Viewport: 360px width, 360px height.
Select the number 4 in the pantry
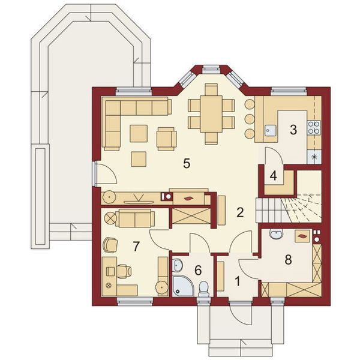coord(273,176)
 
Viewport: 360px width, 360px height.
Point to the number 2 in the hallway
coord(239,212)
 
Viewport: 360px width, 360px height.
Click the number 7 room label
coord(136,245)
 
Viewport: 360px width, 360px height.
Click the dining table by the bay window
coord(211,114)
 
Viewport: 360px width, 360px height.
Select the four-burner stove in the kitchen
coord(313,127)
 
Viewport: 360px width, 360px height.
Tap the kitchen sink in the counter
coord(271,129)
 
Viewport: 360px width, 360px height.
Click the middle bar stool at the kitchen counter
coord(249,118)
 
